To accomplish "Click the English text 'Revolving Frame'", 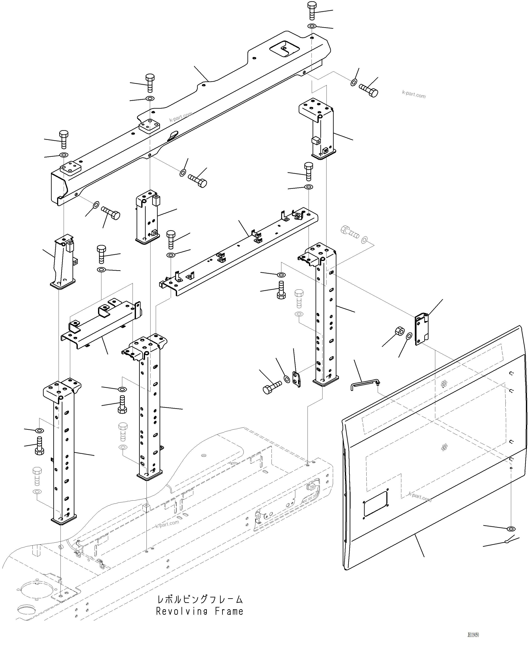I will (x=200, y=611).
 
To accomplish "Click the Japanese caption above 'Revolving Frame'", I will (x=200, y=599).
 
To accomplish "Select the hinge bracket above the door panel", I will (x=422, y=329).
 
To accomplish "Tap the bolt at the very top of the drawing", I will (x=312, y=10).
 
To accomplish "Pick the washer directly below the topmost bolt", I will (x=312, y=26).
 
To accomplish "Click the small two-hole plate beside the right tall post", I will (x=297, y=379).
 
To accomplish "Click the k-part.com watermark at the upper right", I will (x=414, y=94).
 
